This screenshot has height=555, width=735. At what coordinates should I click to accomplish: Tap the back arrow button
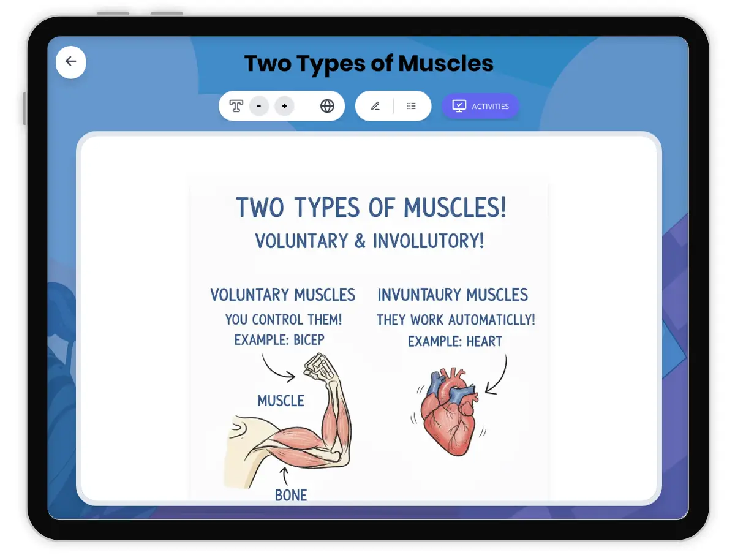click(70, 62)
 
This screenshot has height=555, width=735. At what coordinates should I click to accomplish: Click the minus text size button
click(258, 106)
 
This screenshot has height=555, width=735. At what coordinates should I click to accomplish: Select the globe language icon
click(327, 106)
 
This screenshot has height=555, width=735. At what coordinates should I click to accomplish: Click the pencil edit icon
click(375, 106)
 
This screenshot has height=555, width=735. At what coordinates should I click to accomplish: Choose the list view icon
click(411, 106)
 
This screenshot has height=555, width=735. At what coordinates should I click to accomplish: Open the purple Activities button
click(480, 106)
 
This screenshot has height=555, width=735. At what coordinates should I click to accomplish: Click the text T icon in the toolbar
click(236, 106)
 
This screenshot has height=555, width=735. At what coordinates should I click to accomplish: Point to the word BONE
click(291, 495)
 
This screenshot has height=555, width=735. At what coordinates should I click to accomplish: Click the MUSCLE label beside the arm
click(281, 401)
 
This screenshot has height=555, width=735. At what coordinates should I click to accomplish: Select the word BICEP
click(309, 340)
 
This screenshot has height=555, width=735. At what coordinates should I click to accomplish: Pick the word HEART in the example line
click(484, 341)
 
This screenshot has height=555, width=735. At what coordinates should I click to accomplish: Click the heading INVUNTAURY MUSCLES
click(453, 295)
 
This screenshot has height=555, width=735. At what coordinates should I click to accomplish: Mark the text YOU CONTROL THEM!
click(284, 319)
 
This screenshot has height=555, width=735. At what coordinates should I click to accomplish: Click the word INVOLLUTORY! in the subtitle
click(429, 241)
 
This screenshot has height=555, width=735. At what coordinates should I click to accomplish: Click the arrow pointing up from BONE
click(284, 475)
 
